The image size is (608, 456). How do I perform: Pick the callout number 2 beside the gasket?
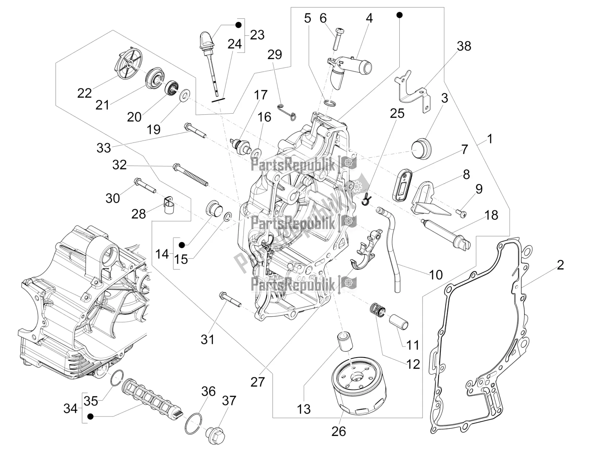click(x=560, y=265)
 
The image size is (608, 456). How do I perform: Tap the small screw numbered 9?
click(x=461, y=221)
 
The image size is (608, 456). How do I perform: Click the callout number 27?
click(x=258, y=382)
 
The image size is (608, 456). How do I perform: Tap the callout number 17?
click(x=261, y=95)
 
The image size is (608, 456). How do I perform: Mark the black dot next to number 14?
click(x=182, y=245)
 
